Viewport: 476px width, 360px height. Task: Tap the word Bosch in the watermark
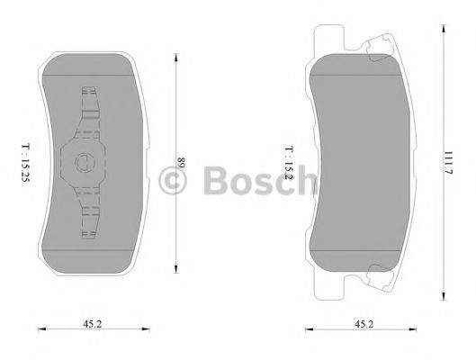(252, 183)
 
